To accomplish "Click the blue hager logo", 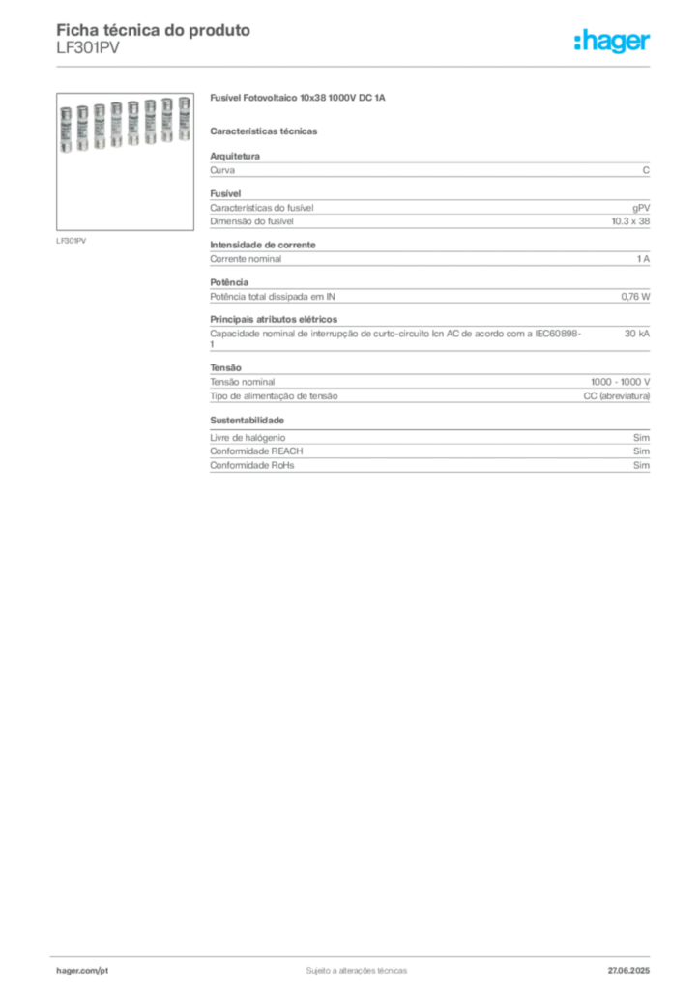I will coord(613,42).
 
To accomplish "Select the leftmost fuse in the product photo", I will coord(68,125).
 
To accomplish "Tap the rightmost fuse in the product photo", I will coord(180,122).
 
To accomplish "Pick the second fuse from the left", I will coord(83,125).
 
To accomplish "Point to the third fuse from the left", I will coord(100,125).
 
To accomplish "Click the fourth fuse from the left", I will coord(116,123).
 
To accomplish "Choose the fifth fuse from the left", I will coord(131,124).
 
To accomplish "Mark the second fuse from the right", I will coord(165,122).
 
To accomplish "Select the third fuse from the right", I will coord(149,123).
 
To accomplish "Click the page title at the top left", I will coord(155,29).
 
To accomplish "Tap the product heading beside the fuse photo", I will coord(298,100).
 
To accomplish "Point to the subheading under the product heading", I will coord(266,131).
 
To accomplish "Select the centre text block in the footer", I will coord(356,968).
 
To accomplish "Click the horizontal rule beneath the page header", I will coord(356,67).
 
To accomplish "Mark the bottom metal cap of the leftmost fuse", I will coord(68,146).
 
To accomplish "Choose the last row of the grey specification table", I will coord(429,471).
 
